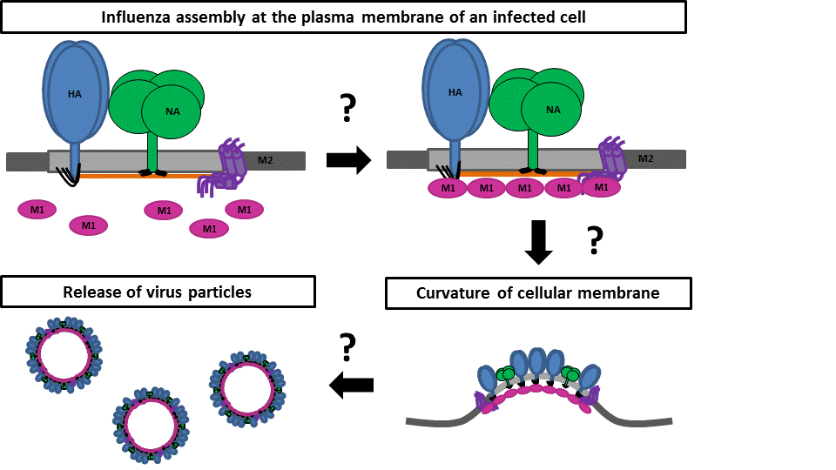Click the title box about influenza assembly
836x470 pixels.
coord(343,17)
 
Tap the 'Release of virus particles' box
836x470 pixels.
coord(158,292)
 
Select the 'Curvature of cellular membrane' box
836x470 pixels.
coord(538,293)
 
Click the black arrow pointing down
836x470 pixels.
coord(539,243)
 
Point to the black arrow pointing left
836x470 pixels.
coord(352,384)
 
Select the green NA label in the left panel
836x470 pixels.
coord(172,111)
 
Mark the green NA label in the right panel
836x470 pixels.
coord(552,110)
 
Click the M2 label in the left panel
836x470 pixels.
coord(266,159)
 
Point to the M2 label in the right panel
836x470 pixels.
coord(645,158)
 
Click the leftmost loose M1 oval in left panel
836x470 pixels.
coord(37,209)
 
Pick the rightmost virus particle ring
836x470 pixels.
coord(247,383)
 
